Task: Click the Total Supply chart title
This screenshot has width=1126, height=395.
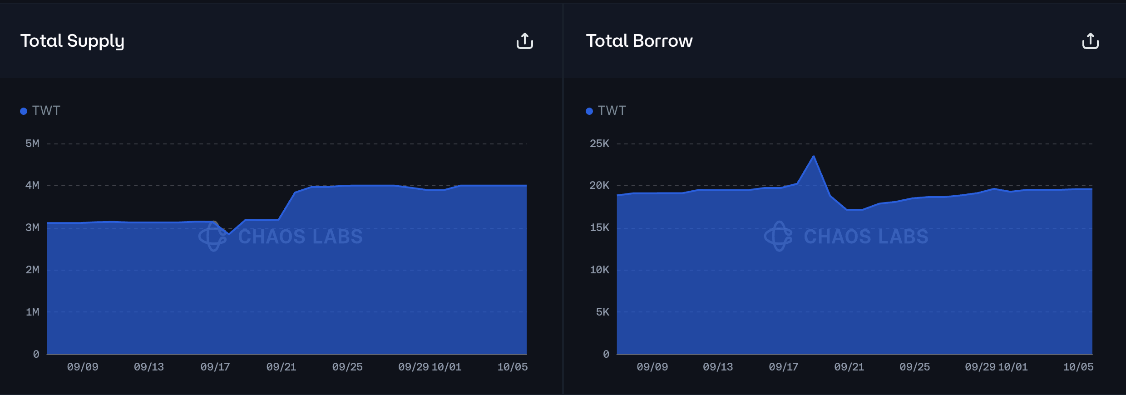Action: point(72,41)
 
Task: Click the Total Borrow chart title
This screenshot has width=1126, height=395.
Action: point(639,41)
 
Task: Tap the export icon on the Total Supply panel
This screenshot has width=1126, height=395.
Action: point(524,41)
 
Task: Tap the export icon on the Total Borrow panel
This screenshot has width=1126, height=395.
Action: point(1090,41)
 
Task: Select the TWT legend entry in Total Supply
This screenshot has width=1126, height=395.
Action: point(41,111)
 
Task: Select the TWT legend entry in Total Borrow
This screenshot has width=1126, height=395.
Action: point(606,111)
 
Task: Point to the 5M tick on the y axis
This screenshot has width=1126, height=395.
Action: point(32,143)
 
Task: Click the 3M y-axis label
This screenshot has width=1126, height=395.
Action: point(32,227)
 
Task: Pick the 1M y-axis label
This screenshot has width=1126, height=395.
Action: point(32,312)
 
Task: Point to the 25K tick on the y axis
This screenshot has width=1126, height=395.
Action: point(599,143)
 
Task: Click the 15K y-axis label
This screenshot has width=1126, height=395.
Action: point(599,227)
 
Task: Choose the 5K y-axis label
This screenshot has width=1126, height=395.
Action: point(603,312)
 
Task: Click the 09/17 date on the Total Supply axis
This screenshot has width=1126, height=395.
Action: point(215,367)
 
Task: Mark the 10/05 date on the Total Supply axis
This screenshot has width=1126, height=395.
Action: point(513,367)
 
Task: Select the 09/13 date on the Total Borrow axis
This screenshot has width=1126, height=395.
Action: point(718,367)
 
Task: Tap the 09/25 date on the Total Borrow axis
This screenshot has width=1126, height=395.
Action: point(914,367)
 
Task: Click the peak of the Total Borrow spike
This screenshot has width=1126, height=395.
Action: point(813,157)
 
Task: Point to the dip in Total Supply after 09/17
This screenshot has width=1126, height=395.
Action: point(228,234)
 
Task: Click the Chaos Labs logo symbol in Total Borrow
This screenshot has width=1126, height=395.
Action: point(779,236)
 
